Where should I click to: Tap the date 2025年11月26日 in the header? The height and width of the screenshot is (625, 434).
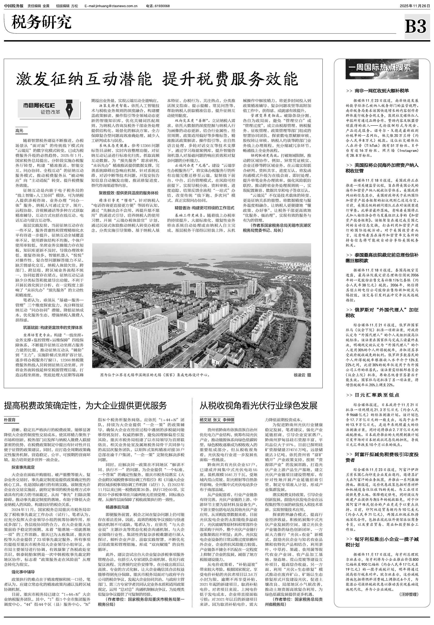click(414, 6)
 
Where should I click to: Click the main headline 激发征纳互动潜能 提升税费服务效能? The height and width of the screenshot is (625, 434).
click(157, 79)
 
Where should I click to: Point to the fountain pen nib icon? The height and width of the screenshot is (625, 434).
click(70, 109)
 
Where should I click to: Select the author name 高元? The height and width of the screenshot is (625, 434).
click(19, 131)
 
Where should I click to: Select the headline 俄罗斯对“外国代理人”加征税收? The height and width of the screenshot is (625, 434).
click(382, 313)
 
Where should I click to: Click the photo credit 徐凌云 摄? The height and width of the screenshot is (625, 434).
click(302, 375)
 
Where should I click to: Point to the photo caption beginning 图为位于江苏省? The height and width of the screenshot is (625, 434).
click(155, 375)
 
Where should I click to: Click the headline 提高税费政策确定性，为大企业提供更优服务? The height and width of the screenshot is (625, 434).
click(85, 405)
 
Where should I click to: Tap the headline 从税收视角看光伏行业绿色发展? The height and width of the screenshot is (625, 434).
click(258, 405)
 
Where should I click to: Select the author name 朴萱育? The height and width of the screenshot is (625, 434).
click(10, 420)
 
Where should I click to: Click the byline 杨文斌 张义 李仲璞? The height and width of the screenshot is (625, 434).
click(217, 420)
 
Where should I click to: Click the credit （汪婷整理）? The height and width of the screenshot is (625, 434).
click(409, 594)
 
